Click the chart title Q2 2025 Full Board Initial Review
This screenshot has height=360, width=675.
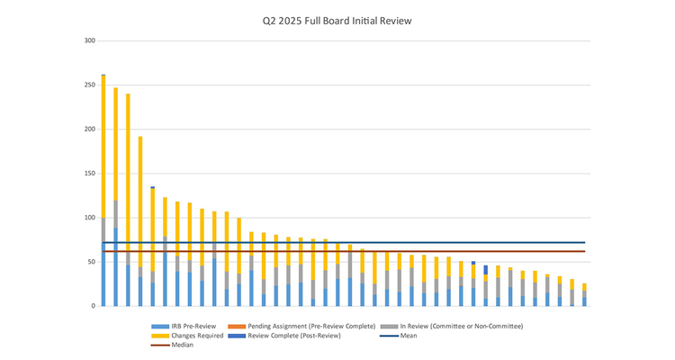[x=337, y=21]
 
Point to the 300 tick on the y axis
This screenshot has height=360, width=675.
[x=90, y=40]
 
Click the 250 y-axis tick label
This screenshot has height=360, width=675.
[x=90, y=85]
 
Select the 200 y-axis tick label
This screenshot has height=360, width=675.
[x=90, y=129]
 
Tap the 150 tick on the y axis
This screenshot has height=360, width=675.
[x=90, y=173]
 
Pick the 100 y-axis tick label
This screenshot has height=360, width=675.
[x=90, y=218]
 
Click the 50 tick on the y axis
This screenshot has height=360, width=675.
[x=92, y=262]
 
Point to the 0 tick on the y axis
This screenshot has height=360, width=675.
[x=94, y=306]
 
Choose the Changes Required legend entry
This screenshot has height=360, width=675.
[x=190, y=335]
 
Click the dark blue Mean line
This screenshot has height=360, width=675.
[x=360, y=242]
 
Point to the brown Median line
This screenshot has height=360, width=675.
[x=360, y=251]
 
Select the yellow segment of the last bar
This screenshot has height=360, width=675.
[x=584, y=287]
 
